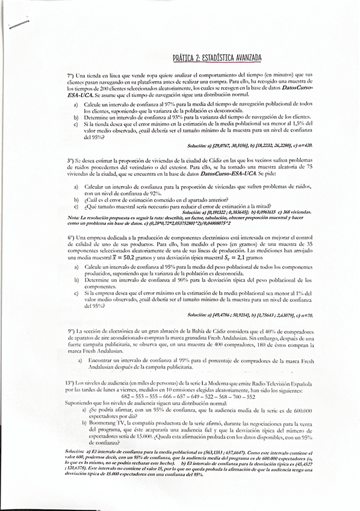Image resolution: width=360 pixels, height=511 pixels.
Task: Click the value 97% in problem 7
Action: pos(155,104)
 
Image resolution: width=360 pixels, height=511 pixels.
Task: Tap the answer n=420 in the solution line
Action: pos(303,145)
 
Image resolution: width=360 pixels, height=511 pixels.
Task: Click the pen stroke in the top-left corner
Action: pos(19,24)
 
